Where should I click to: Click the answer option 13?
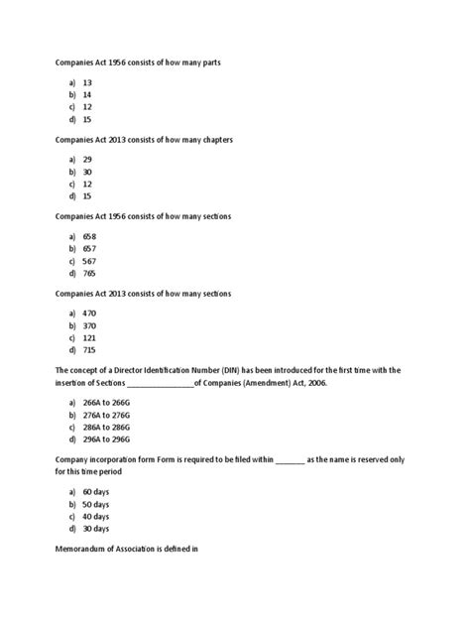tap(88, 83)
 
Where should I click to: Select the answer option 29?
tap(88, 161)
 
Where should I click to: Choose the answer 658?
tap(89, 237)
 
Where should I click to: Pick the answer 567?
tap(89, 261)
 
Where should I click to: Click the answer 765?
tap(89, 273)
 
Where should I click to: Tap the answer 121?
tap(89, 338)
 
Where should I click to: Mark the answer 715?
tap(89, 350)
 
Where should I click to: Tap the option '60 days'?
tap(96, 492)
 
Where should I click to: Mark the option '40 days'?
tap(96, 516)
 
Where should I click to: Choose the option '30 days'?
tap(96, 528)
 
